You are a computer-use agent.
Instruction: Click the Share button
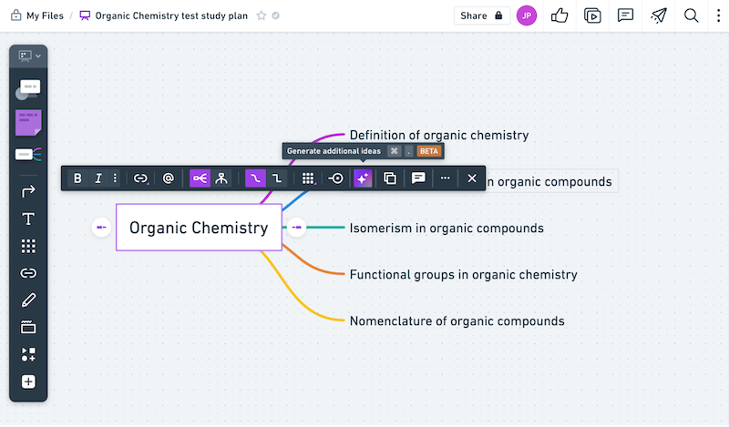point(480,15)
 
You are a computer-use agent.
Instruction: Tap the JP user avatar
point(527,15)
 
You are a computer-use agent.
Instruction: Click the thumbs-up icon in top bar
point(560,15)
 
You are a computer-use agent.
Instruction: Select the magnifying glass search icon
point(692,15)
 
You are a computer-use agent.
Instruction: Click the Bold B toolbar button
point(77,178)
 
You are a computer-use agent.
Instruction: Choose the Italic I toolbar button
point(98,178)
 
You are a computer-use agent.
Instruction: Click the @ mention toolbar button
point(169,178)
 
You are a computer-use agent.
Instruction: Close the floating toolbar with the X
point(472,178)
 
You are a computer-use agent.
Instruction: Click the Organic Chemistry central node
point(199,228)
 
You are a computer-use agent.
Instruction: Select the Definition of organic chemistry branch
point(438,135)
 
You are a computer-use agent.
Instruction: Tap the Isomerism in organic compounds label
point(447,228)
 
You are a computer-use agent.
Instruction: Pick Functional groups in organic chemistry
point(463,274)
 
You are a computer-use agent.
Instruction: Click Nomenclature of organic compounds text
point(457,320)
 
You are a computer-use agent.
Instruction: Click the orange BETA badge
point(429,151)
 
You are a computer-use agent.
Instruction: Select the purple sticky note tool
point(28,122)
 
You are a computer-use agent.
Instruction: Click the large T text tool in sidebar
point(28,219)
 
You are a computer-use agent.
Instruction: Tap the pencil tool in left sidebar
point(28,300)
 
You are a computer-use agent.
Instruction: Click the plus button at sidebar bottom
point(28,381)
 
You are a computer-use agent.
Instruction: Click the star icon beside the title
point(262,15)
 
